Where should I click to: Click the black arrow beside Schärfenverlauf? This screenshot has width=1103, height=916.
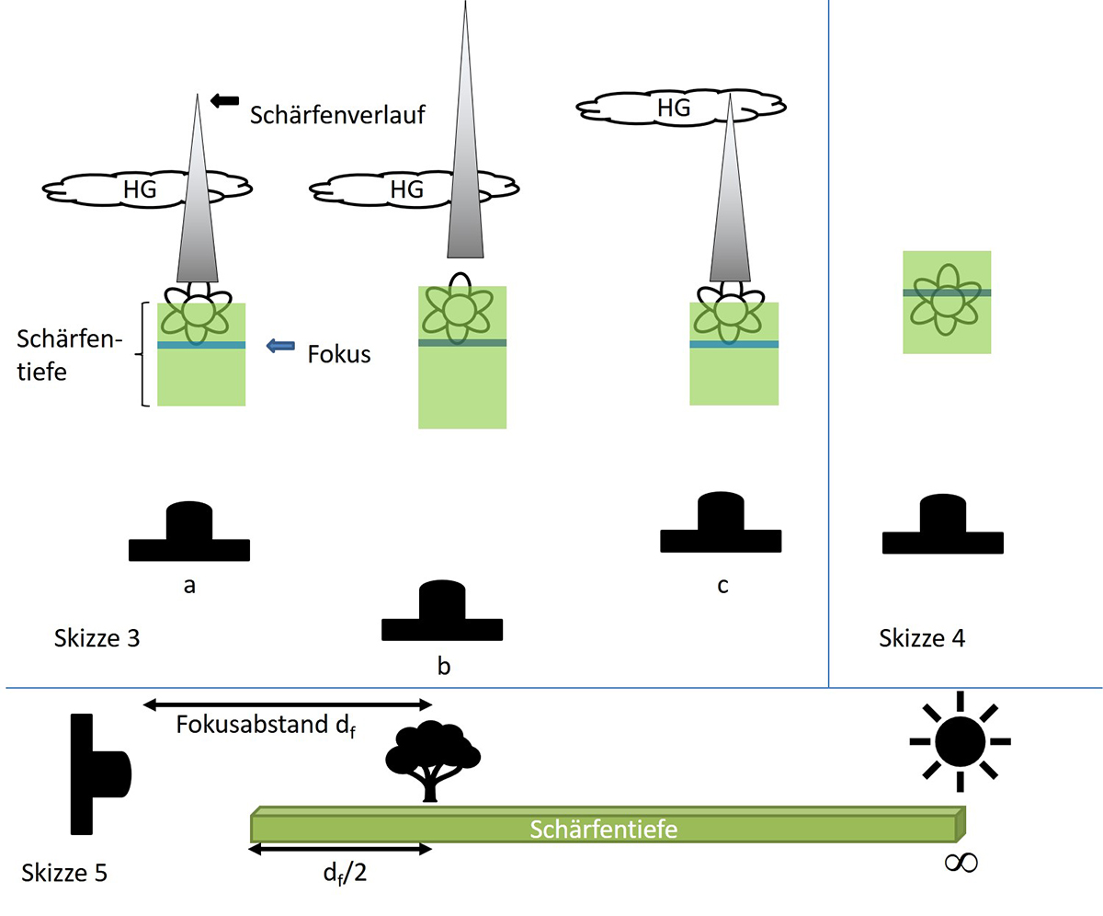(225, 100)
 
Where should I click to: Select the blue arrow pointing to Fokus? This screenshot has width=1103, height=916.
(280, 346)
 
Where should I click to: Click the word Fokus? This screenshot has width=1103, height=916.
(338, 354)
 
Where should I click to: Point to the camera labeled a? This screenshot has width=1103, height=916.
(188, 534)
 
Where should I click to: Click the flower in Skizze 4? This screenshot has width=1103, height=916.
(946, 300)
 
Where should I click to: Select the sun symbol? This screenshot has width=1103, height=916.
(959, 740)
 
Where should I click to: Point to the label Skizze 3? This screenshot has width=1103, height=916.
(96, 637)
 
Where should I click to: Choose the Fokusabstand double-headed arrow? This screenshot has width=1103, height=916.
(288, 704)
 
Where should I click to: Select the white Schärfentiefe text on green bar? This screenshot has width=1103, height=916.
(604, 830)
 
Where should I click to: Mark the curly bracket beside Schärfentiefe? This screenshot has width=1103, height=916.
(144, 354)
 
